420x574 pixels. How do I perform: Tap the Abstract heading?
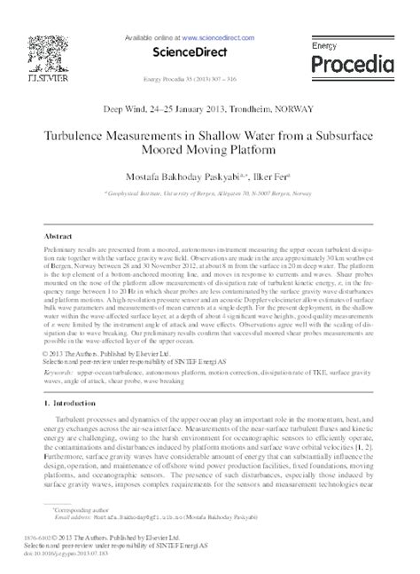[58, 239]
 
